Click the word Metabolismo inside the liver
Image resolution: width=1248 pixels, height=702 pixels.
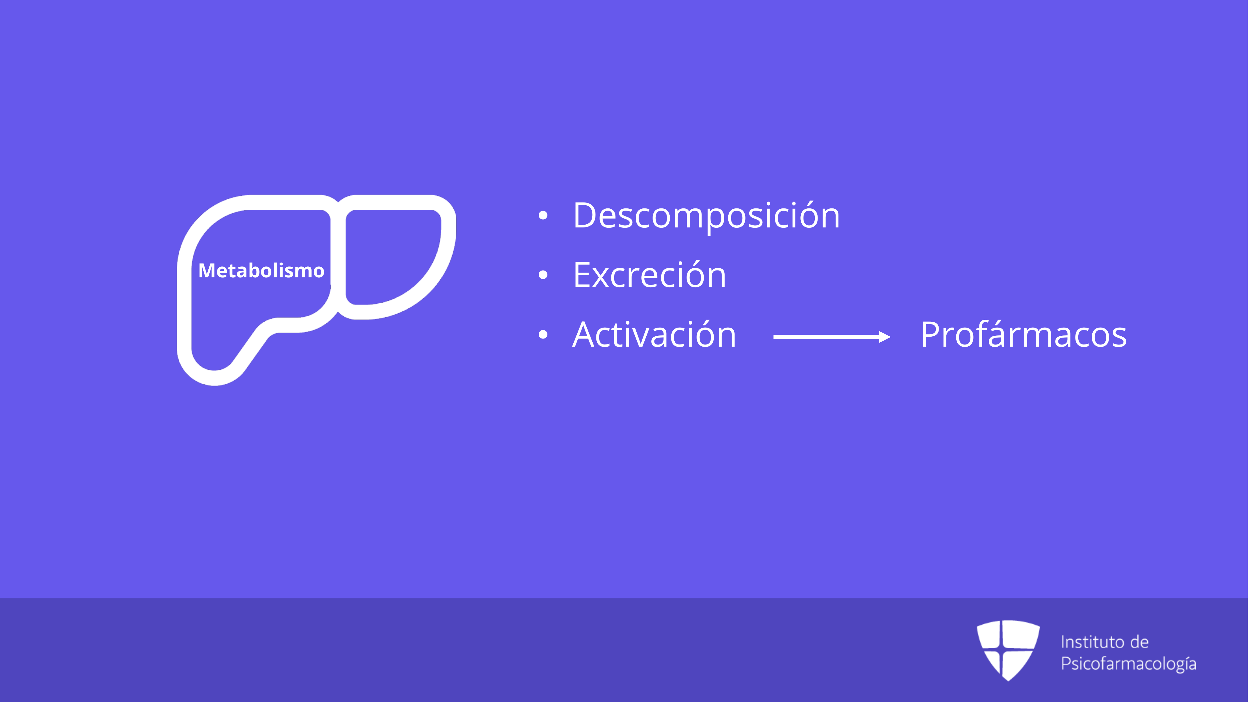point(261,270)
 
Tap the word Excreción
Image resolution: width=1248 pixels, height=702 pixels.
point(649,275)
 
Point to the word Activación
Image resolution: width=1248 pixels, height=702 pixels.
point(654,334)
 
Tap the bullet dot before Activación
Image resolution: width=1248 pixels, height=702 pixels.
point(543,334)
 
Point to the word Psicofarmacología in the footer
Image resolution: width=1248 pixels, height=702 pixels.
point(1128,664)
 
